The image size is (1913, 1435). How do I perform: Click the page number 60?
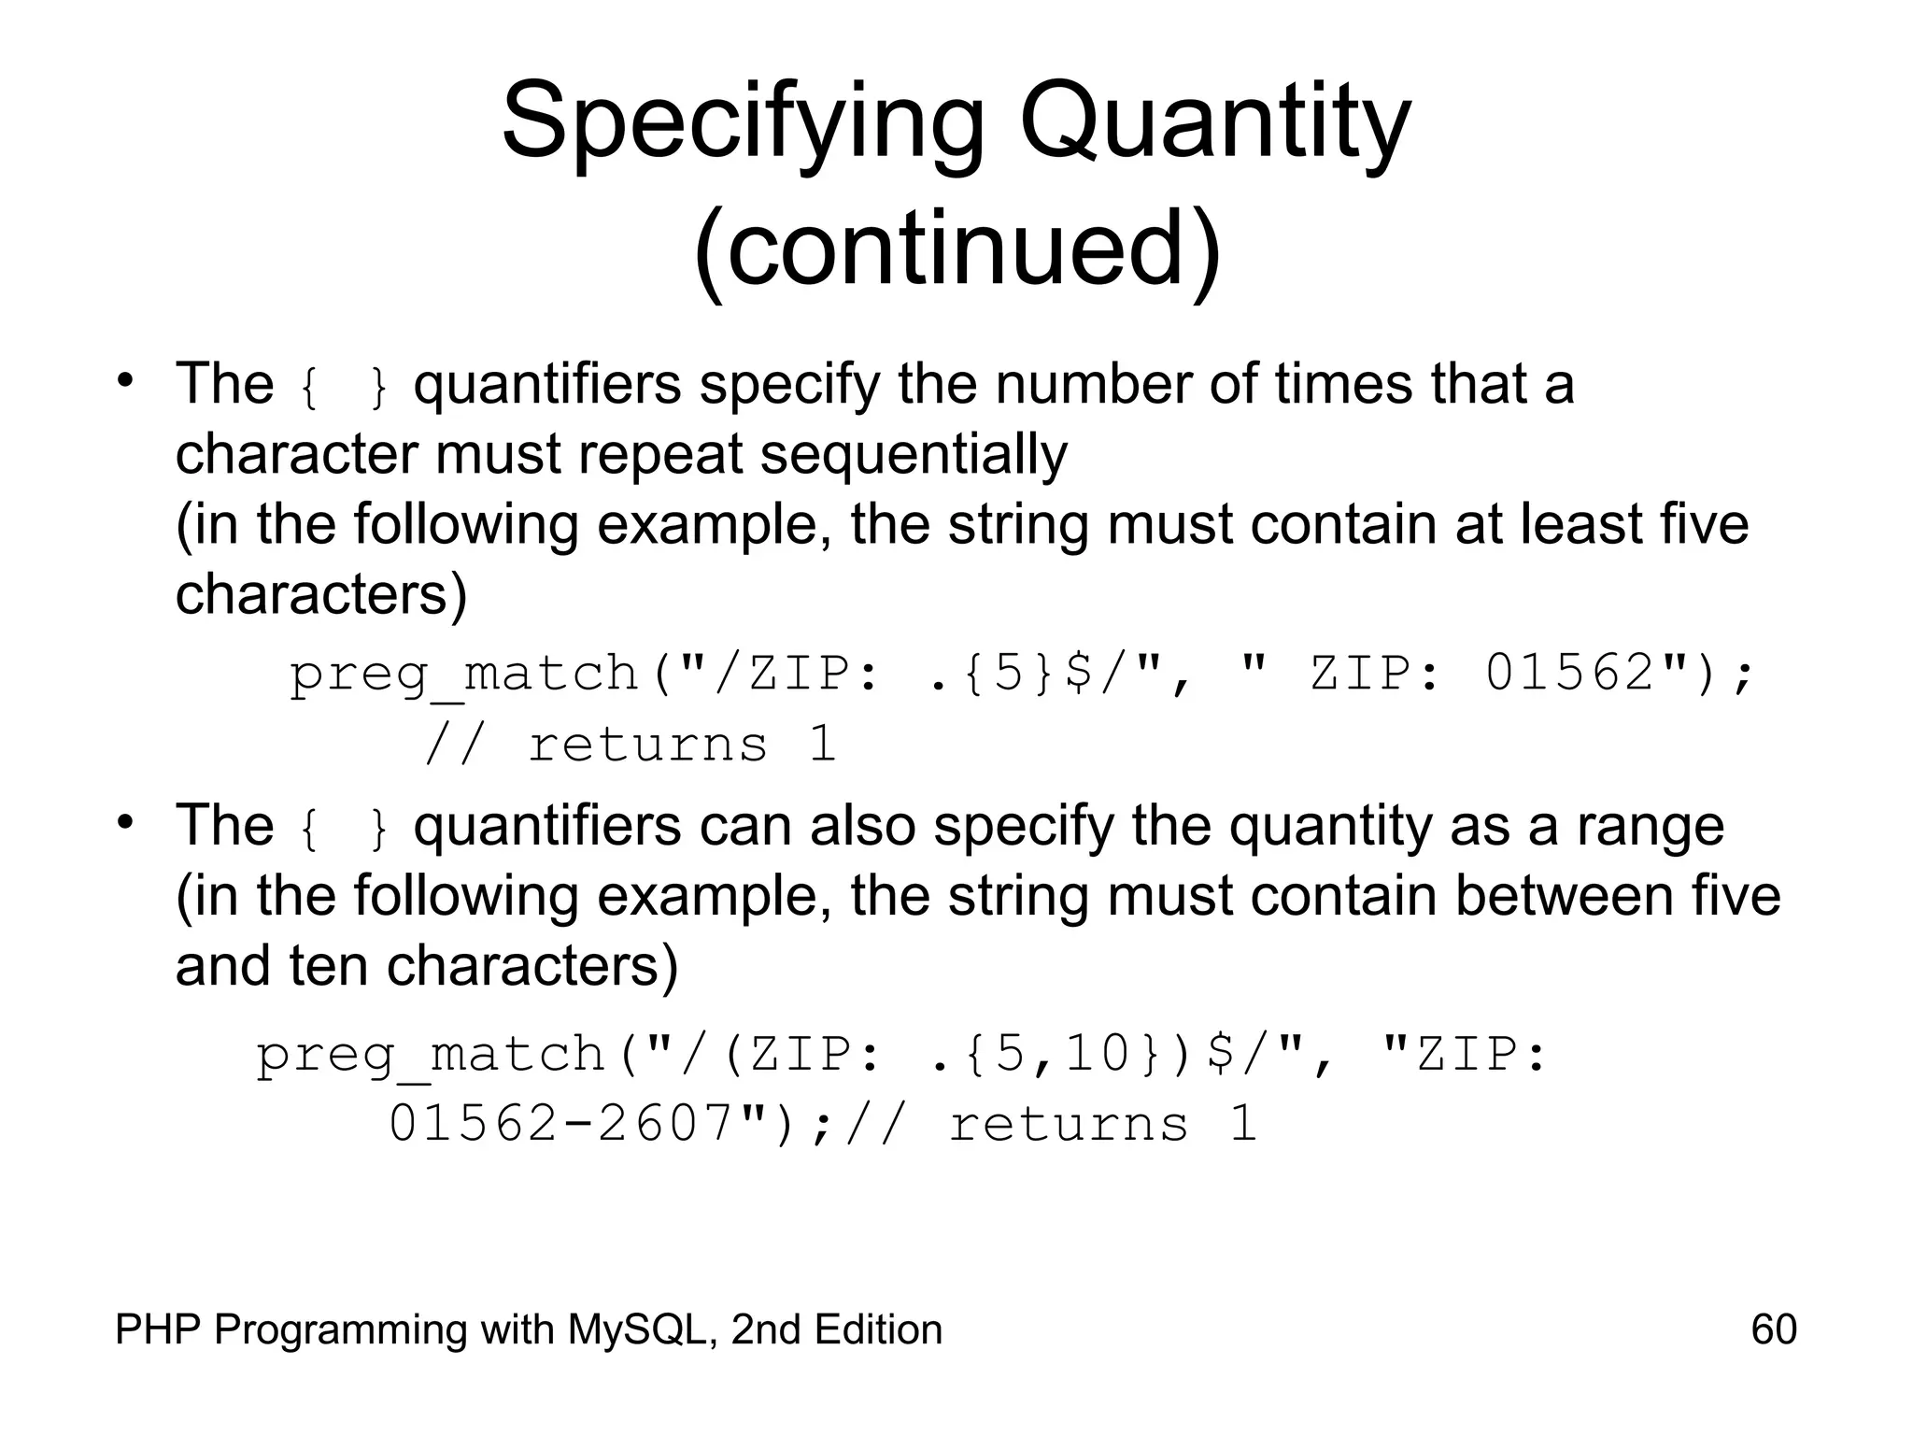pos(1774,1329)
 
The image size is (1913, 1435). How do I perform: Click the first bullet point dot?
pos(125,380)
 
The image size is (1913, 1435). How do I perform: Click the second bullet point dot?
pos(125,823)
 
